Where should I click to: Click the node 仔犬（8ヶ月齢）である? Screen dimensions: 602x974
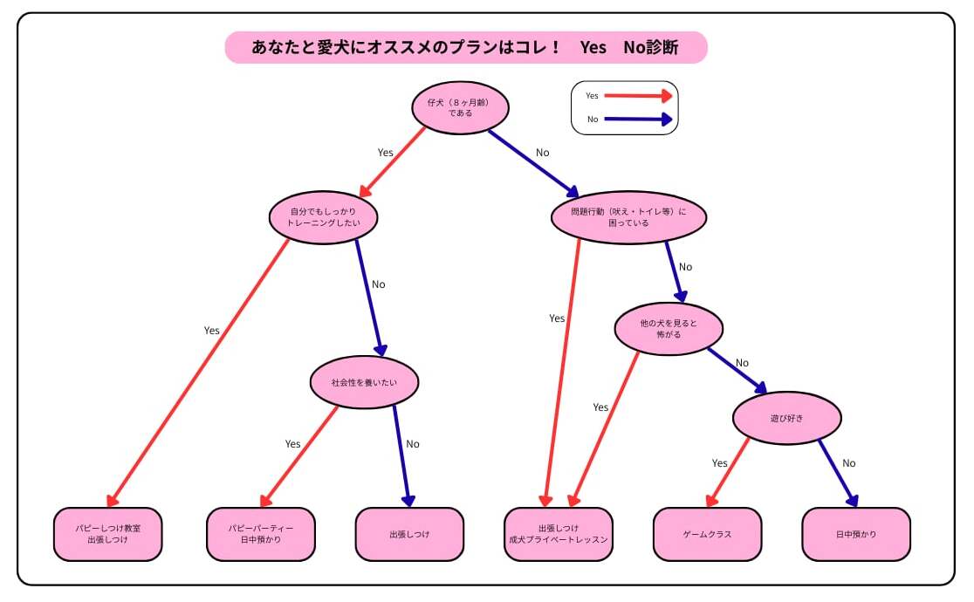pos(460,107)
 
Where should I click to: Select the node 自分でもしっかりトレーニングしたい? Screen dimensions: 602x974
pos(323,216)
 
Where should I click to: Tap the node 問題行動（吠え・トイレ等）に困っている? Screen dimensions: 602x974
pos(628,217)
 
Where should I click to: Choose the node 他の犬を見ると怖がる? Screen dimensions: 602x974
pos(669,329)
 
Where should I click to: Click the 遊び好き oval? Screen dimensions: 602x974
pos(786,418)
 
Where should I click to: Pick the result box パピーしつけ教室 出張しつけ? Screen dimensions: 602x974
pos(107,534)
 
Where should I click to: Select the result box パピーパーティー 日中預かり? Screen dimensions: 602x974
pos(260,534)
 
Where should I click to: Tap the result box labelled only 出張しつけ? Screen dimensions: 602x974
pos(409,534)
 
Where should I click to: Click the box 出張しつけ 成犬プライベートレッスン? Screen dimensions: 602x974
pos(559,534)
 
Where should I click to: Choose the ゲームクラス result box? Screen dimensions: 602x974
pos(707,534)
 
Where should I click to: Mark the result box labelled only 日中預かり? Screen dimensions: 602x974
pos(856,534)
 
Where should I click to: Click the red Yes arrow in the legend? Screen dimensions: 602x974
pos(638,96)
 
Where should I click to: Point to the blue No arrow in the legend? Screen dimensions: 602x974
pos(638,120)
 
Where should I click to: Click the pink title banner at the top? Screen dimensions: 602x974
pos(465,47)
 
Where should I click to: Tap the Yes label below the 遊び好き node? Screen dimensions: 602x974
pos(719,463)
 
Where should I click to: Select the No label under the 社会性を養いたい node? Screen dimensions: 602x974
pos(413,444)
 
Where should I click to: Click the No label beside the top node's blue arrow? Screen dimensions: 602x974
pos(543,153)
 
